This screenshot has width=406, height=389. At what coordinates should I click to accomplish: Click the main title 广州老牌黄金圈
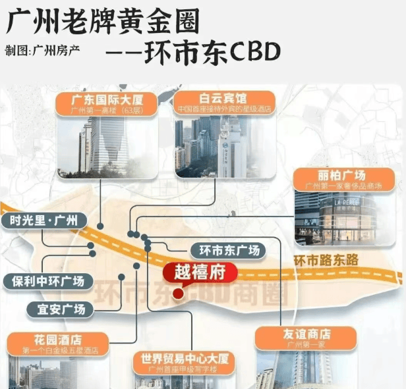(102, 22)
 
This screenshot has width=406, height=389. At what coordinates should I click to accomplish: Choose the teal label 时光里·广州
(44, 220)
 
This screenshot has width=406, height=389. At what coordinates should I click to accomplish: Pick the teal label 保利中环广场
(44, 281)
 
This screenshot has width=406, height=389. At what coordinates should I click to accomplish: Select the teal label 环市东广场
(227, 250)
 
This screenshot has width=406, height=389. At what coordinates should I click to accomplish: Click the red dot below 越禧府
(177, 294)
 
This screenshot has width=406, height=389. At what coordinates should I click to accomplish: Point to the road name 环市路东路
(326, 261)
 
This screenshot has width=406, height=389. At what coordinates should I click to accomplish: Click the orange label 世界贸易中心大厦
(184, 361)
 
